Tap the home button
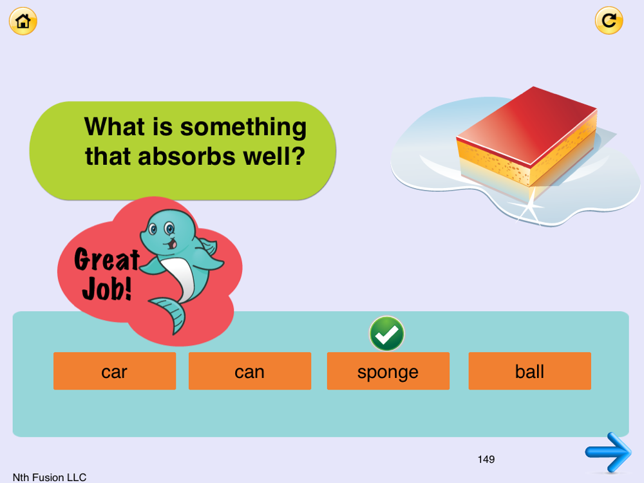(x=23, y=21)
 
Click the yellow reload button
(x=609, y=21)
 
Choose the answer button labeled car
(x=115, y=371)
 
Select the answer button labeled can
(x=250, y=371)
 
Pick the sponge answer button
(x=388, y=371)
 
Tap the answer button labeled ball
(x=530, y=371)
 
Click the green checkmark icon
(x=386, y=334)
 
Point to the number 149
(x=486, y=459)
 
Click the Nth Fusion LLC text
(x=50, y=477)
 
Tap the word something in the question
(x=243, y=128)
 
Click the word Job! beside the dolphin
(x=107, y=289)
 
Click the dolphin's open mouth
(x=172, y=244)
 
